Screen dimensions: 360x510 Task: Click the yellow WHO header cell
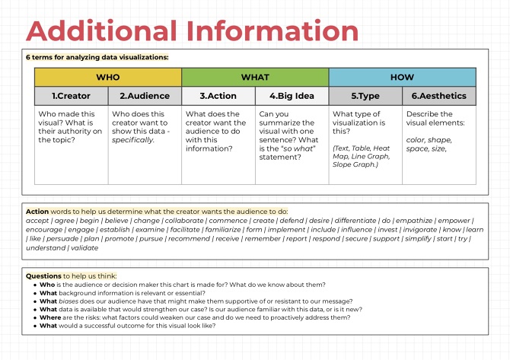(x=107, y=78)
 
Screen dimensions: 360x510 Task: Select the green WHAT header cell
(x=255, y=78)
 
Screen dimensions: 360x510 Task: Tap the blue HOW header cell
(x=402, y=78)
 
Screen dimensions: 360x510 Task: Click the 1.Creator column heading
(x=71, y=97)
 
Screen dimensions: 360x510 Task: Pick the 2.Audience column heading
(x=145, y=97)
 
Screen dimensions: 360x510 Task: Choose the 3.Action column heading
(x=218, y=97)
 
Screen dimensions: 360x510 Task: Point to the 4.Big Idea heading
(x=292, y=97)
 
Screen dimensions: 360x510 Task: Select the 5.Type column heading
(x=365, y=97)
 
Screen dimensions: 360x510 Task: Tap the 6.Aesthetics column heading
(x=439, y=97)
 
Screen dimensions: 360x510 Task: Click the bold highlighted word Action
(x=37, y=211)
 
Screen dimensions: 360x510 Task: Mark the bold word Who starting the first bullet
(x=46, y=285)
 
